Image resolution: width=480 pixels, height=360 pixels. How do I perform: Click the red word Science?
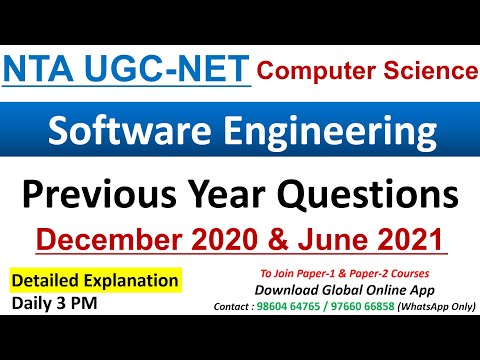pos(427,71)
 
